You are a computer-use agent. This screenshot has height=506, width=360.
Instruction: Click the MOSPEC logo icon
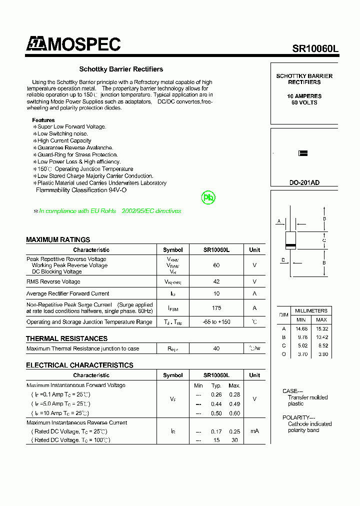tap(36, 44)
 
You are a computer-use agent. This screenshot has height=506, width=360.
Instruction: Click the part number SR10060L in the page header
tap(315, 48)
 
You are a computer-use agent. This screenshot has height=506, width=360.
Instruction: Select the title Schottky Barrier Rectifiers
tap(121, 69)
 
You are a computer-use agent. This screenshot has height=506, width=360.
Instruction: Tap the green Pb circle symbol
tap(208, 197)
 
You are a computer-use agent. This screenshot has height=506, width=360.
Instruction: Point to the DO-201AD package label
tap(304, 183)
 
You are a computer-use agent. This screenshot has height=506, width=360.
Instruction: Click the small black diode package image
tap(302, 153)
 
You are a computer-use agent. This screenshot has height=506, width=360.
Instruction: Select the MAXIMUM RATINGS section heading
tap(58, 239)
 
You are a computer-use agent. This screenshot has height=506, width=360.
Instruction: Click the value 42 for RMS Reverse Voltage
tap(216, 281)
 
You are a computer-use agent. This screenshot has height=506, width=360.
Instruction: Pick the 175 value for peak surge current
tap(216, 308)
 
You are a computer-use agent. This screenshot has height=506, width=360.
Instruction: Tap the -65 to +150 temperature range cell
tap(216, 322)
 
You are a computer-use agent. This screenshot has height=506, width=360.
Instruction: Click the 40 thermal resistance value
tap(216, 348)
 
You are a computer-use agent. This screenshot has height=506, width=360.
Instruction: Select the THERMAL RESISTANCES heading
tap(66, 338)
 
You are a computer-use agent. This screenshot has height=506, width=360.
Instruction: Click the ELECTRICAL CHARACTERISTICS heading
tap(79, 365)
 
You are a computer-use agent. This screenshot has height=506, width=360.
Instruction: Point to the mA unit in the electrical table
tap(254, 431)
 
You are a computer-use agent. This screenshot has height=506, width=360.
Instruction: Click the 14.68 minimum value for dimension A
tap(301, 328)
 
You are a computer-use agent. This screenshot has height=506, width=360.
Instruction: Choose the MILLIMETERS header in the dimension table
tap(311, 310)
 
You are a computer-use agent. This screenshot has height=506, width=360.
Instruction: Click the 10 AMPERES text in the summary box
tap(304, 96)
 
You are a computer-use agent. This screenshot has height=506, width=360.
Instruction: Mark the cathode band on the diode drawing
tap(290, 245)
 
